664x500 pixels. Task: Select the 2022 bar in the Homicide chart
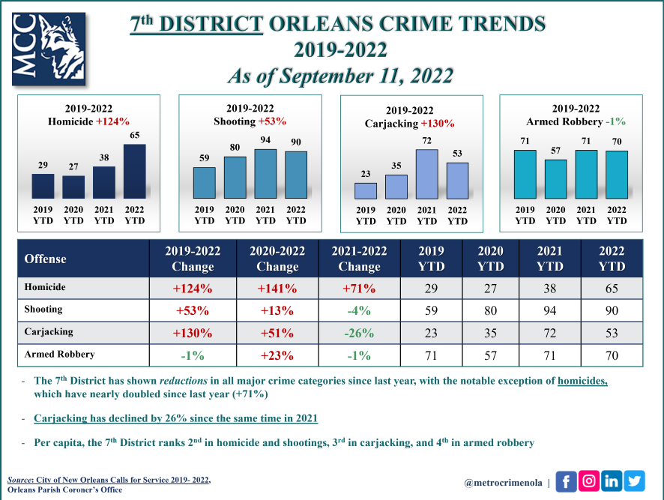[135, 171]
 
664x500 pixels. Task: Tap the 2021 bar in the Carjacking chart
[426, 174]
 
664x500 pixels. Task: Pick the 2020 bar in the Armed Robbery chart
[555, 179]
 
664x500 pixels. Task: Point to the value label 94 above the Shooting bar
[265, 140]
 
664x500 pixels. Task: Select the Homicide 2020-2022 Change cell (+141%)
[277, 288]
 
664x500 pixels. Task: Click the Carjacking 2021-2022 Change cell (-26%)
[359, 333]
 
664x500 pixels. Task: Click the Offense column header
[46, 259]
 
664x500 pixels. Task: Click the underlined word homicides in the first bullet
[582, 380]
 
